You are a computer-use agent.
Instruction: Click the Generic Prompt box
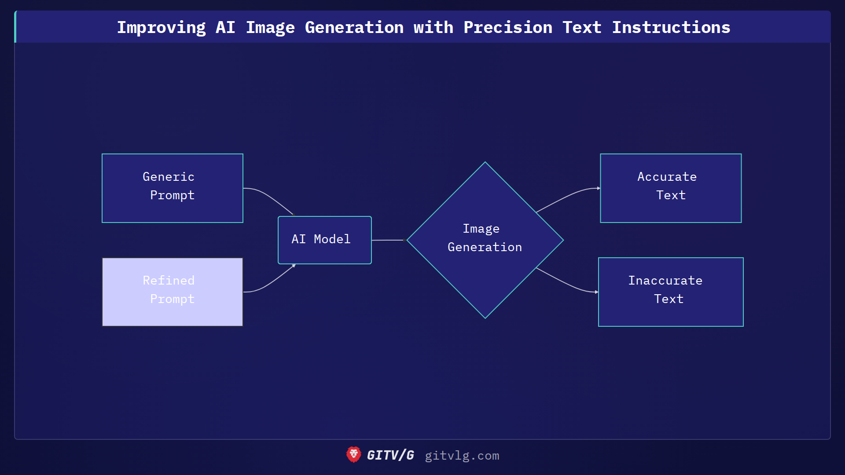172,188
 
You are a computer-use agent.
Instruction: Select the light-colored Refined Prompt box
172,292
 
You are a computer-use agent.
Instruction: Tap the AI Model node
324,240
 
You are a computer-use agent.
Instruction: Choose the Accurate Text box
670,188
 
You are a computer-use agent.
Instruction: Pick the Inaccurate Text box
670,292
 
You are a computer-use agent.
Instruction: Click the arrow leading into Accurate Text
568,196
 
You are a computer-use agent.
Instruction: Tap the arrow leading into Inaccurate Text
568,283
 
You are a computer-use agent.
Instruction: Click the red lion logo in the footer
353,455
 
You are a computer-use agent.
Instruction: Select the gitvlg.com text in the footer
462,456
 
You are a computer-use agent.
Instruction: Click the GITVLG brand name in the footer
390,455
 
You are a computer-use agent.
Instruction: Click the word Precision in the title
507,27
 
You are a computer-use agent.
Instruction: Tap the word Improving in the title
161,27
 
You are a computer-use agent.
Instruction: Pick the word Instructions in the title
671,27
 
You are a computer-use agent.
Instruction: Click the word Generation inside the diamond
485,247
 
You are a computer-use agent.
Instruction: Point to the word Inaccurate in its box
665,281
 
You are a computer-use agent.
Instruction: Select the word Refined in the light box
169,281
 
